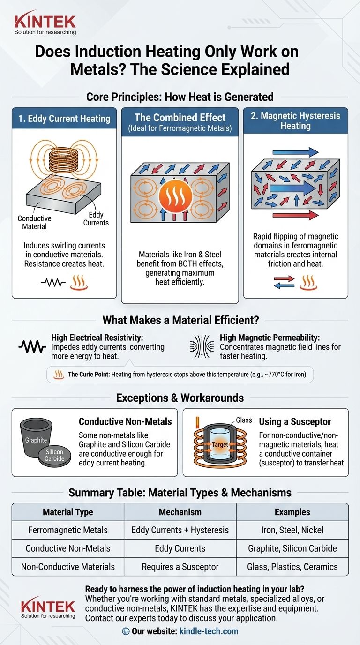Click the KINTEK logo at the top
45,23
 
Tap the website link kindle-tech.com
209,631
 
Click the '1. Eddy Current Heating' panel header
64,118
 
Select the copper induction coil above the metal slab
64,163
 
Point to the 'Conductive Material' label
34,222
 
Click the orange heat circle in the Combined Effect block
175,195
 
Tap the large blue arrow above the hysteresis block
295,152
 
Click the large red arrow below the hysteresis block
295,215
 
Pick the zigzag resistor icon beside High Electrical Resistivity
32,347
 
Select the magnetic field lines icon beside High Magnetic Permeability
202,346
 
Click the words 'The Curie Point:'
89,375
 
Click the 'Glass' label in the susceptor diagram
244,420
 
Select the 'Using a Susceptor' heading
295,421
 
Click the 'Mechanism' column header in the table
180,512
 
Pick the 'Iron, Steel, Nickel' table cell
292,530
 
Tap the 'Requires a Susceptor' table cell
180,567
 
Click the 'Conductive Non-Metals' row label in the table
68,548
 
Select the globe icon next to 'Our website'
126,631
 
